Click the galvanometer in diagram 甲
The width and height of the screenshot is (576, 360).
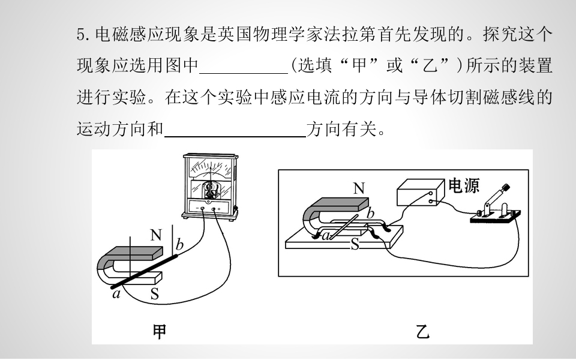(x=210, y=187)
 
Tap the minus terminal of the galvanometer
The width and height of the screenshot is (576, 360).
(x=202, y=209)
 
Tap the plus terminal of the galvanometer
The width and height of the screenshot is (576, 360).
(x=214, y=209)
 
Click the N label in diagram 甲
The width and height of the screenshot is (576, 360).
(x=156, y=235)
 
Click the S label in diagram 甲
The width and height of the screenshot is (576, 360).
(x=155, y=294)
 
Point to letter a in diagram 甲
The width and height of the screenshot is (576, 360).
(x=116, y=294)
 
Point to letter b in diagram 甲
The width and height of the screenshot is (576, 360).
(x=179, y=244)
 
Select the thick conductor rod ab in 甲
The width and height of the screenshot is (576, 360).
(x=145, y=271)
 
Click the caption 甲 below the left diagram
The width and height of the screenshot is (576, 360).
(x=160, y=331)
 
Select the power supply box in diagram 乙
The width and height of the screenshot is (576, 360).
(x=421, y=192)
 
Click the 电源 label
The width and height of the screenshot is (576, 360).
(x=464, y=186)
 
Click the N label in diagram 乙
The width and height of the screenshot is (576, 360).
(x=359, y=188)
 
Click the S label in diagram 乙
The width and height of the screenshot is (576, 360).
(x=355, y=244)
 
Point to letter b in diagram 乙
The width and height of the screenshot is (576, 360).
(x=371, y=213)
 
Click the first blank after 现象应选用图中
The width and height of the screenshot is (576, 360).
(x=244, y=67)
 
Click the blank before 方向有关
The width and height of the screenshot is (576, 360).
(x=235, y=130)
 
